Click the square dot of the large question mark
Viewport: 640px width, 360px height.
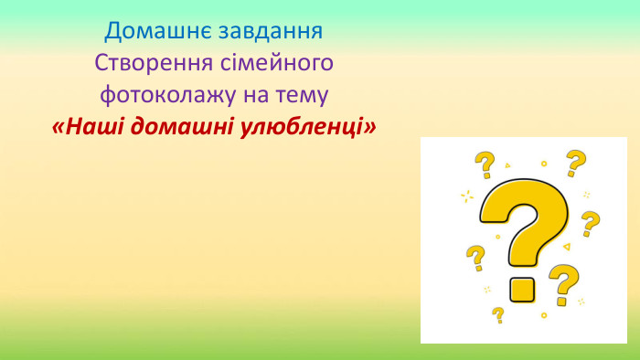pos(522,289)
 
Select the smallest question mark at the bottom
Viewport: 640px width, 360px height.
pos(498,314)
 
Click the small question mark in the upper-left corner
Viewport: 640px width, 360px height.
pos(484,165)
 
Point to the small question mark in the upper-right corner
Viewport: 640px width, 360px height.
pos(575,163)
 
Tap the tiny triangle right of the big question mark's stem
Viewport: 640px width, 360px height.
pos(567,247)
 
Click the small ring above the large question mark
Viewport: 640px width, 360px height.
pos(544,164)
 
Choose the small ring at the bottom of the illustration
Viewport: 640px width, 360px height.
pos(544,315)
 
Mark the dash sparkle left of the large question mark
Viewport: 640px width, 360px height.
pos(467,196)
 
